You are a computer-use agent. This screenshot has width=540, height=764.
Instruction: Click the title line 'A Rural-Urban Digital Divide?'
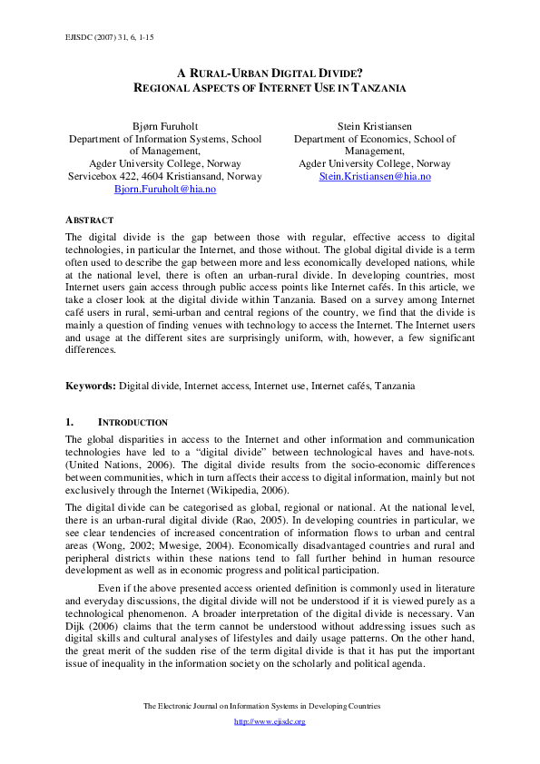point(270,73)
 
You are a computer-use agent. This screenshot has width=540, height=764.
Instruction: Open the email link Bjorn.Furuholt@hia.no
point(165,189)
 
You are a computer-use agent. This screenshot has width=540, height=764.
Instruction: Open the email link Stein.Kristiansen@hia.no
point(375,176)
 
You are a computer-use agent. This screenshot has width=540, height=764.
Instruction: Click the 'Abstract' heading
point(90,220)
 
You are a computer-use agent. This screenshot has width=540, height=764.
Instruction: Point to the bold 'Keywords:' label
point(91,386)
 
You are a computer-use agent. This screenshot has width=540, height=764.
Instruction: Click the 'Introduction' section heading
point(133,422)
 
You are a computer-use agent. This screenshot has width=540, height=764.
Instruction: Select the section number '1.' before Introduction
point(70,422)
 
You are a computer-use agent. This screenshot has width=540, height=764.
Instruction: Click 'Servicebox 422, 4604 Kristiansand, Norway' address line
point(165,176)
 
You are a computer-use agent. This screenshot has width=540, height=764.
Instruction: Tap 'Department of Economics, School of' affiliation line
point(375,140)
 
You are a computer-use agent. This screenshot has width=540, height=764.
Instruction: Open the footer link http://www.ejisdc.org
point(270,721)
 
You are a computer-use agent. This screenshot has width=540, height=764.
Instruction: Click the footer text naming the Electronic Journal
point(270,705)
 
